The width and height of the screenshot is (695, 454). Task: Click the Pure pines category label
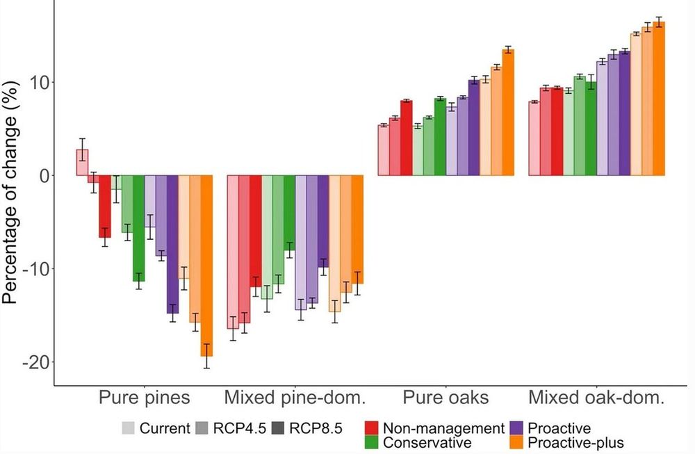143,398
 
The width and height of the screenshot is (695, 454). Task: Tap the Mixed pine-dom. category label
295,398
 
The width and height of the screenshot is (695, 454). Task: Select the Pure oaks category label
445,398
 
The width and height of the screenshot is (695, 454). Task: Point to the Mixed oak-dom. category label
596,398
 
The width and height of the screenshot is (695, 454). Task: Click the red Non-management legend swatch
372,428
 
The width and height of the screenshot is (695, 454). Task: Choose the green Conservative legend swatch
372,442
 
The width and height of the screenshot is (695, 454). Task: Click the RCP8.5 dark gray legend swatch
279,428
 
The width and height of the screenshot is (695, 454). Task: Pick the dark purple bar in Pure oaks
474,128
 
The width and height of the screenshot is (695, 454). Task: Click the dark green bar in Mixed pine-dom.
289,212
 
